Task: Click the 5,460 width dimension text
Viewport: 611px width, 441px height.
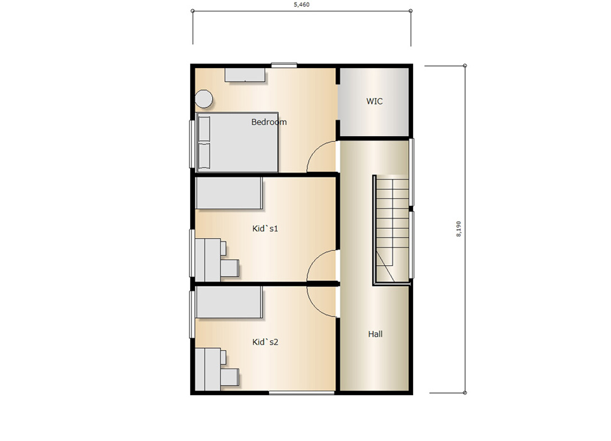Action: click(x=302, y=4)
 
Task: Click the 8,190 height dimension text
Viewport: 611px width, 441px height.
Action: click(x=459, y=229)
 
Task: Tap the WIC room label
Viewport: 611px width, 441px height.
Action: click(x=374, y=101)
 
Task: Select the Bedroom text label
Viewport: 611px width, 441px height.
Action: click(x=269, y=122)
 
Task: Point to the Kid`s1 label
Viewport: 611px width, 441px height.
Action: click(x=265, y=228)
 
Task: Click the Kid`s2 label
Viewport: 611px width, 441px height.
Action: click(x=265, y=342)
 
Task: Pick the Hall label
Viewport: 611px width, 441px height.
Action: click(x=375, y=334)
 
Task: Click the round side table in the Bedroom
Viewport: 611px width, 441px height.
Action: click(x=204, y=98)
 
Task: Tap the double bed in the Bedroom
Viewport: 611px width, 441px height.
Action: click(x=237, y=142)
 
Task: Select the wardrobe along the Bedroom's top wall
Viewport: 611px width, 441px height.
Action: click(x=245, y=75)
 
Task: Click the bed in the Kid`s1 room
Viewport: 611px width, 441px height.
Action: click(x=229, y=193)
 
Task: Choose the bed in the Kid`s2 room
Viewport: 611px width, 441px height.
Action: click(x=229, y=302)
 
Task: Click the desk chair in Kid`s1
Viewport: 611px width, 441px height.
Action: click(x=230, y=268)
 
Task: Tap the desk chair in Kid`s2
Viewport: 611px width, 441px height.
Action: click(x=230, y=377)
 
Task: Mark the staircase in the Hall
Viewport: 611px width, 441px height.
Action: click(x=391, y=230)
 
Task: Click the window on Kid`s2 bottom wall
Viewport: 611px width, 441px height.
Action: click(x=302, y=392)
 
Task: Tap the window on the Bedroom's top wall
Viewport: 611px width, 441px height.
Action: click(x=284, y=66)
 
